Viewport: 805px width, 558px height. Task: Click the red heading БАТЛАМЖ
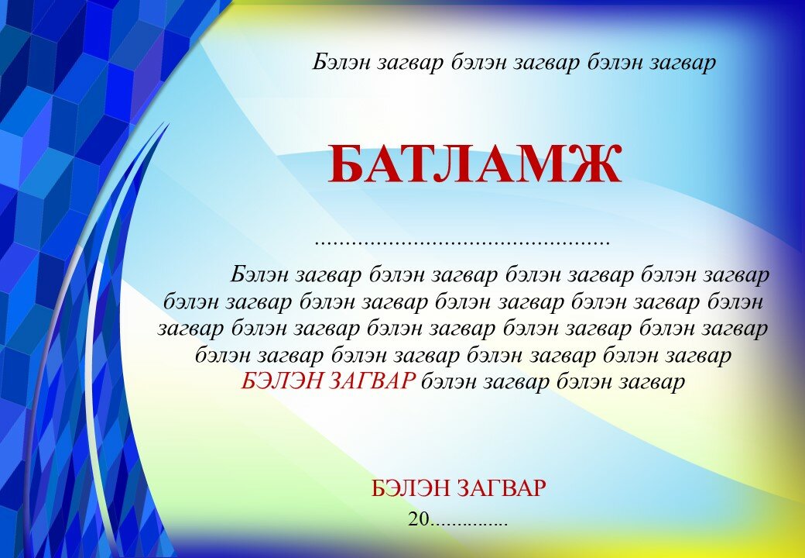pos(475,164)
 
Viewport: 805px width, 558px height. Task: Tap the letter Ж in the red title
pos(592,164)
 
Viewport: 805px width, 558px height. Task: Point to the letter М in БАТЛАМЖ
pos(536,164)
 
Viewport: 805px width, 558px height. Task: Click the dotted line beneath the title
pos(462,243)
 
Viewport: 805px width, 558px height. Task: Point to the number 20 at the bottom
pos(419,519)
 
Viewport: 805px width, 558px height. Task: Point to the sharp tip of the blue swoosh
pos(170,122)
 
